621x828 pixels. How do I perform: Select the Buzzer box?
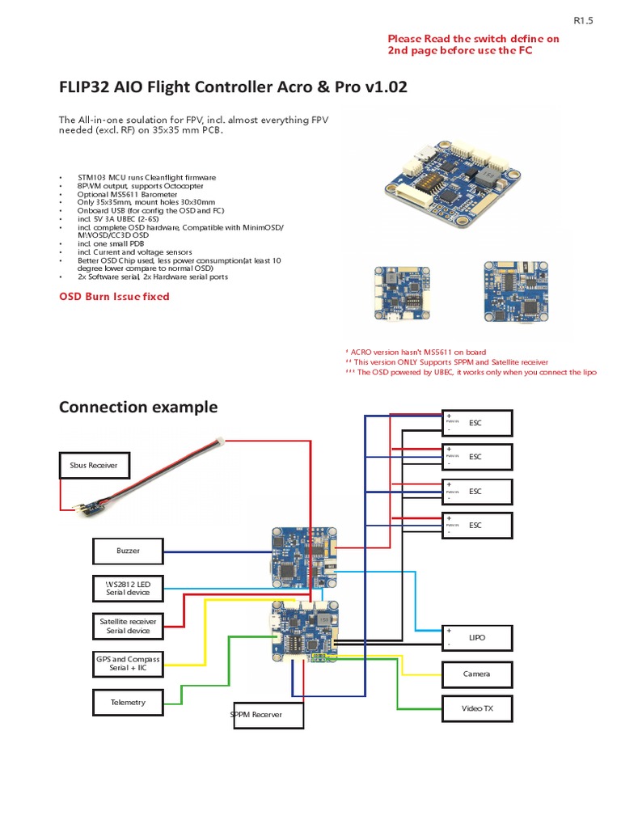(x=128, y=551)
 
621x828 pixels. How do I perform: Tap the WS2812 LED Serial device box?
(x=128, y=588)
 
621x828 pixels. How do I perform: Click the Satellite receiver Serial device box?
(x=128, y=626)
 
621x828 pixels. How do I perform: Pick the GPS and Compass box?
(x=128, y=664)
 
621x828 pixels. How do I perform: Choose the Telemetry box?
(x=128, y=702)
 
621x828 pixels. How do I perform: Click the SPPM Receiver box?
(x=266, y=715)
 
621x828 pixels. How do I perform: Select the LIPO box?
(x=477, y=637)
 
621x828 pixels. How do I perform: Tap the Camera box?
(x=477, y=674)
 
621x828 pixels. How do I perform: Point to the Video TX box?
(x=477, y=708)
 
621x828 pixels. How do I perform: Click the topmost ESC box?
(x=477, y=422)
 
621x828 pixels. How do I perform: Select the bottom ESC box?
(x=477, y=525)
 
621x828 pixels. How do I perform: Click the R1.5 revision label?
(x=583, y=22)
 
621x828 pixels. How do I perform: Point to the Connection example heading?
(x=138, y=407)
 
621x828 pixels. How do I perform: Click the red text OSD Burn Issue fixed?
(x=114, y=297)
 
